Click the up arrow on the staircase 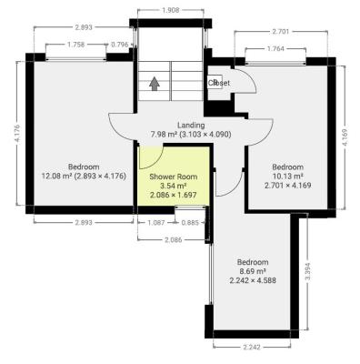tap(155, 83)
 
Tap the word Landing tap(191, 125)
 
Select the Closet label tap(219, 83)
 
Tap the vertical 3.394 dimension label tap(307, 272)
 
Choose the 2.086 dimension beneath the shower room tap(172, 239)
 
